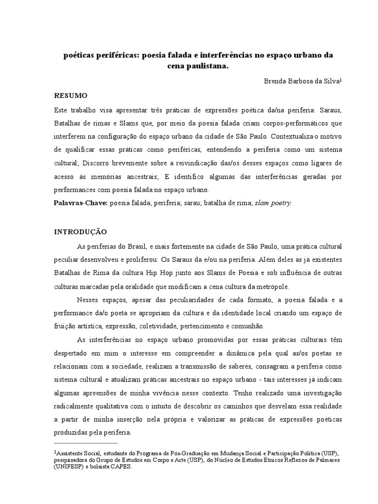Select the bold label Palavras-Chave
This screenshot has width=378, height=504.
[80, 203]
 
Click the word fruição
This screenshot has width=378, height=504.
[64, 326]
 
